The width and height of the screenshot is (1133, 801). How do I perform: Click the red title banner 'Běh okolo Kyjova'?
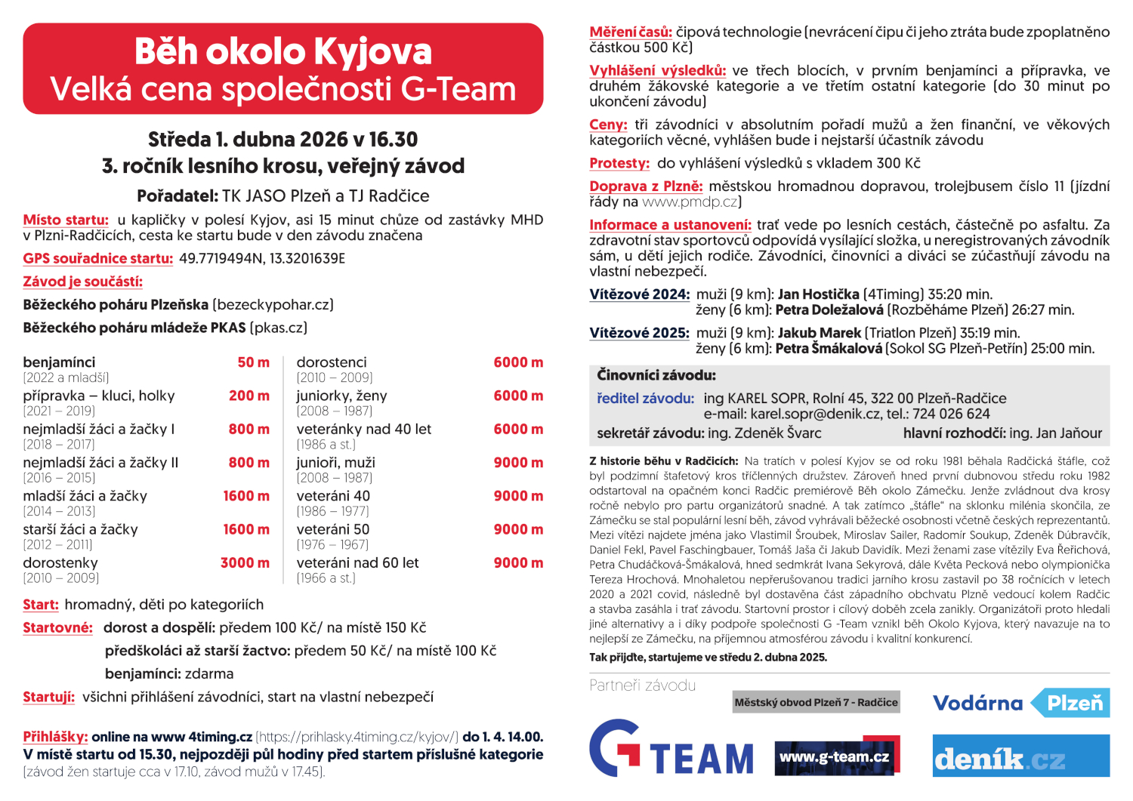coord(282,51)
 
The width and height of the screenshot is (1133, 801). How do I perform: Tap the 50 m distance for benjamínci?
coord(253,362)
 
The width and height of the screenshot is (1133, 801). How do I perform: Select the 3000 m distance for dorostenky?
coord(245,563)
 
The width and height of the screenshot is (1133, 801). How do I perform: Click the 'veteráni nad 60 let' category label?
coord(357,563)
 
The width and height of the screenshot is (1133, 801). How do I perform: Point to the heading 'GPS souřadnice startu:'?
coord(98,259)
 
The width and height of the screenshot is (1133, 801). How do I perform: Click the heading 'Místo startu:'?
coord(66,220)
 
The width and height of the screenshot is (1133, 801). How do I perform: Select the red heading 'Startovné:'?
coord(58,628)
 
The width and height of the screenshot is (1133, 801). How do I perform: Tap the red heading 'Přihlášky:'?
coord(55,737)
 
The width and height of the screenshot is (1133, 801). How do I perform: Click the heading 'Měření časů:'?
coord(630,32)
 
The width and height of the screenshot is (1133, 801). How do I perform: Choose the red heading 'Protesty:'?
coord(619,164)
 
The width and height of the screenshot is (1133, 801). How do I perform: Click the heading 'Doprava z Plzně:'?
coord(646,186)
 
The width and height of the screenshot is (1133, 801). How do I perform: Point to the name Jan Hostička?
coord(818,294)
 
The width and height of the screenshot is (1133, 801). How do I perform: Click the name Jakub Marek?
coord(819,333)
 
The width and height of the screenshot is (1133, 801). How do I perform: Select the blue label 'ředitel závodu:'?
coord(645,399)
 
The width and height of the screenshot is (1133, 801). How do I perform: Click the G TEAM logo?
coord(671,749)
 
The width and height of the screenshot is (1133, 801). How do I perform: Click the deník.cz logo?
coord(1021,756)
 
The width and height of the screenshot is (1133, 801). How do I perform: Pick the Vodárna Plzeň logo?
coord(1021,704)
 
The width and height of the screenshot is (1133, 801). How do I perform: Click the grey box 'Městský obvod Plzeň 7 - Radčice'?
coord(816,703)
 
